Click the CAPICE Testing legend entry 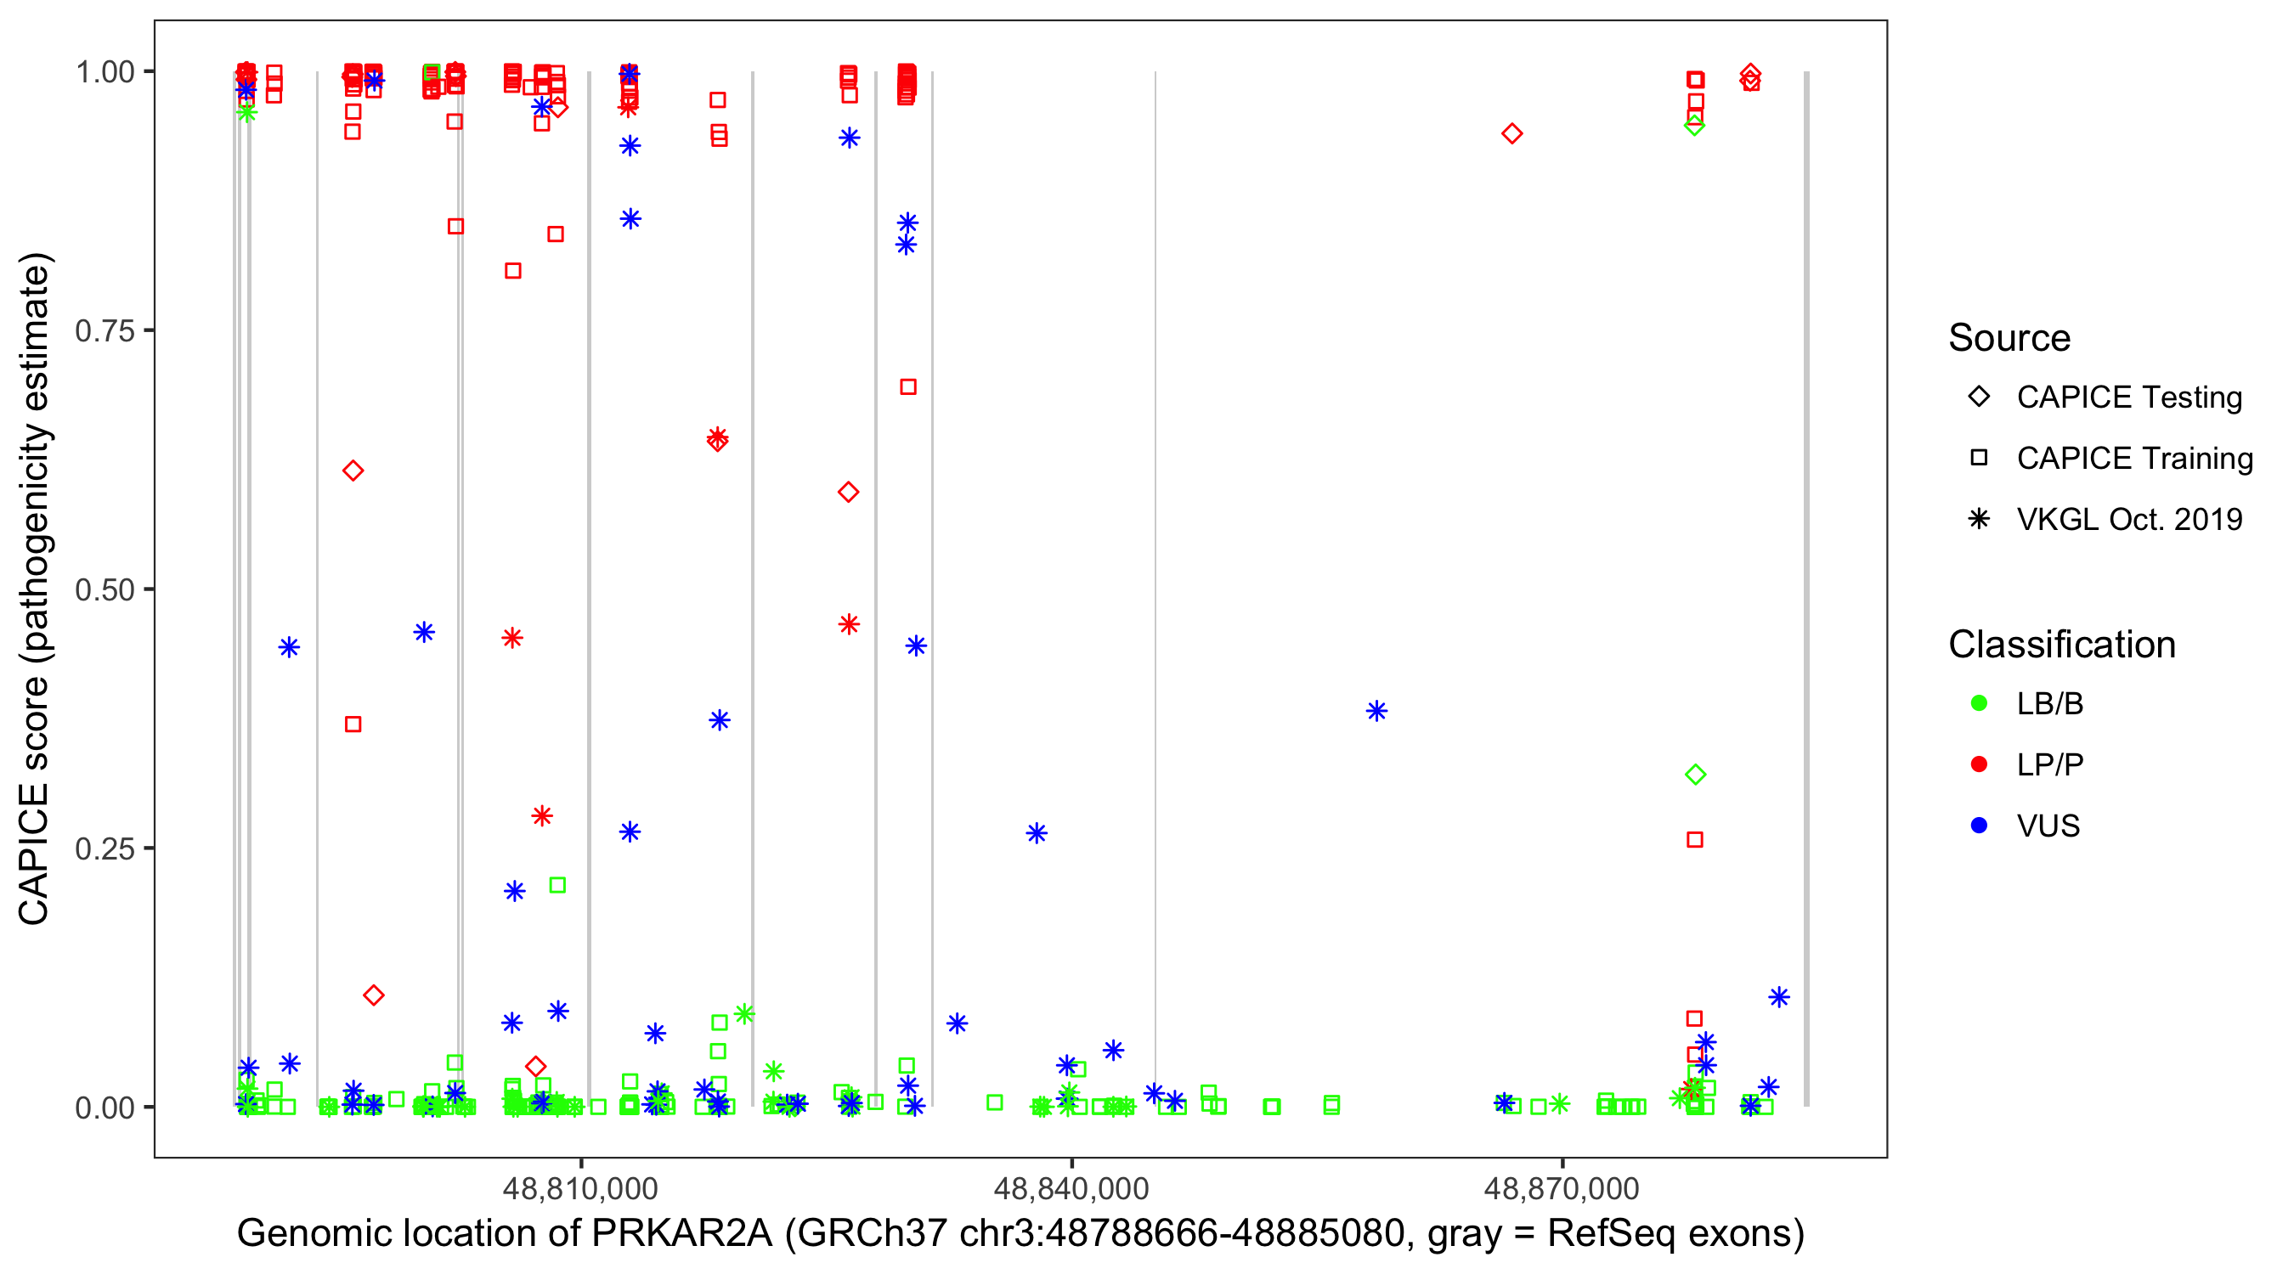2128,397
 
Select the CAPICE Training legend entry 2133,459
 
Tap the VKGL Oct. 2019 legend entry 2128,519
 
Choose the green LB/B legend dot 1979,703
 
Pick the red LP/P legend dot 1979,764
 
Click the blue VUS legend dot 1979,826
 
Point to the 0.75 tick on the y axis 105,330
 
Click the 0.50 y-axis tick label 105,589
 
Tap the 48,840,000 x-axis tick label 1071,1187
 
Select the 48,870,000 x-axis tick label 1561,1187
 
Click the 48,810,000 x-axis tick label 579,1187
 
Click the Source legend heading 2009,338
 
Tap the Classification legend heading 2061,645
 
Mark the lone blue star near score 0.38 1376,710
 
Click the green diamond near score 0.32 1696,775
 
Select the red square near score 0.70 908,386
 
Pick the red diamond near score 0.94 1512,133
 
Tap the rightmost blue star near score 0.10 1778,997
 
